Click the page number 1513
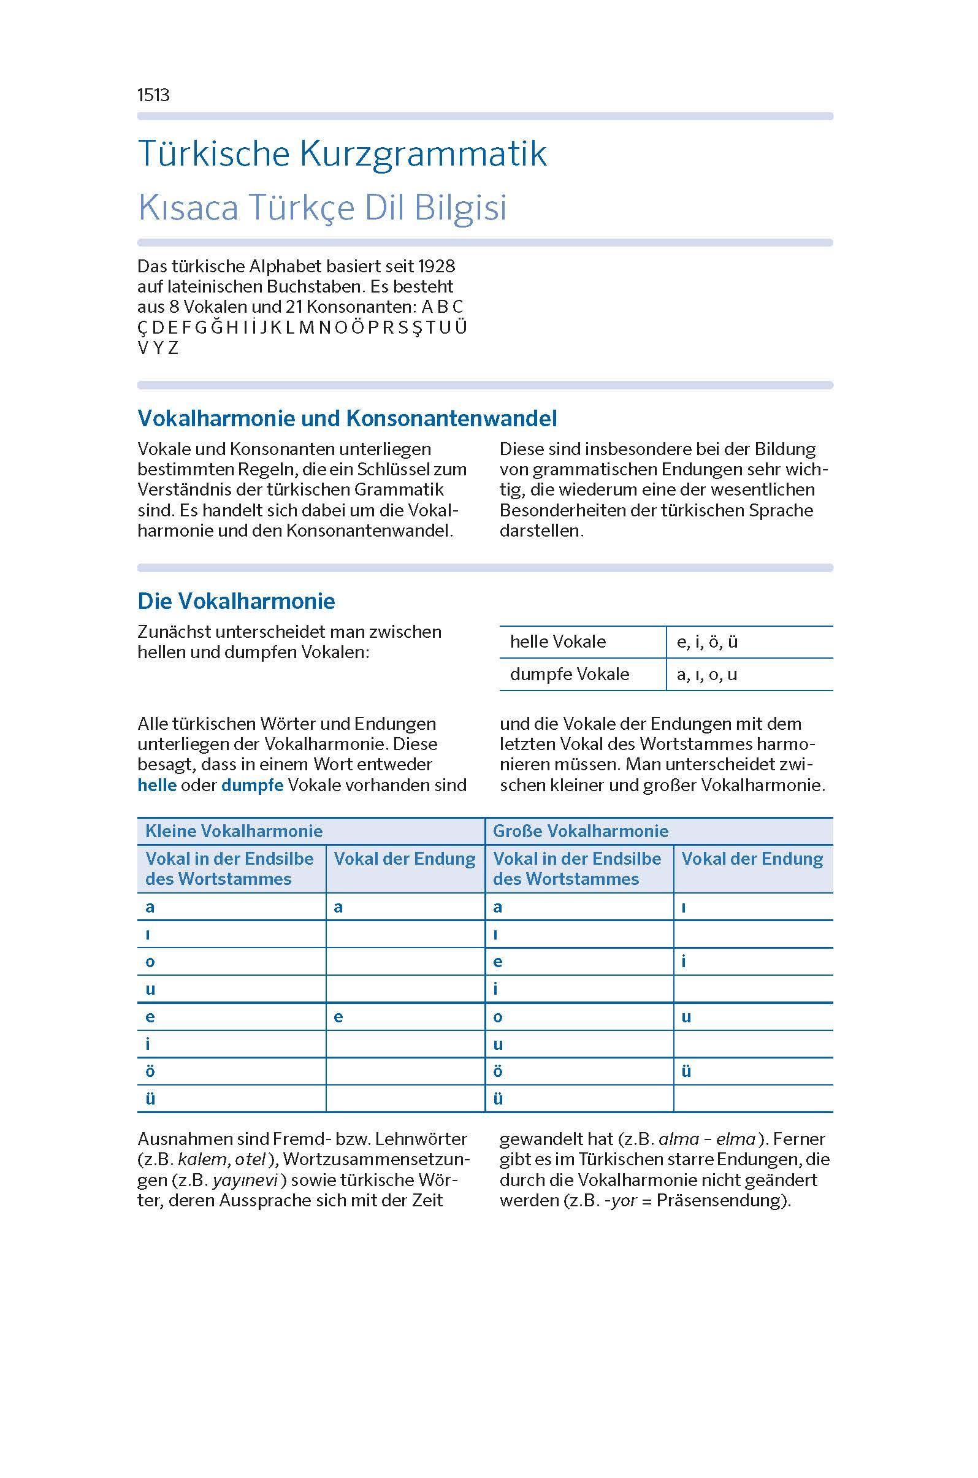pyautogui.click(x=153, y=95)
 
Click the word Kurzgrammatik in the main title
pyautogui.click(x=423, y=153)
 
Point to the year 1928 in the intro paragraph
pyautogui.click(x=436, y=266)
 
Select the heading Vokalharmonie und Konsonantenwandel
pyautogui.click(x=347, y=418)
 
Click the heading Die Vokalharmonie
pyautogui.click(x=236, y=601)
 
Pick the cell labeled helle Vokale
pyautogui.click(x=557, y=641)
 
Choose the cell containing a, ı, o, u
pyautogui.click(x=707, y=675)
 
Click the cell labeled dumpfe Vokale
pyautogui.click(x=570, y=675)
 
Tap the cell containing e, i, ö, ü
pyautogui.click(x=708, y=641)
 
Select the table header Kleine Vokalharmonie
pyautogui.click(x=234, y=831)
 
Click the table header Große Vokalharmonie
pyautogui.click(x=580, y=831)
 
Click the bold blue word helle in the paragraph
pyautogui.click(x=156, y=785)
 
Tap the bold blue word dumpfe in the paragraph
pyautogui.click(x=252, y=785)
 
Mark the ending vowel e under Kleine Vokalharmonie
pyautogui.click(x=338, y=1017)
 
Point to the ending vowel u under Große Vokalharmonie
pyautogui.click(x=686, y=1017)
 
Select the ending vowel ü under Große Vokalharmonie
pyautogui.click(x=686, y=1071)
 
